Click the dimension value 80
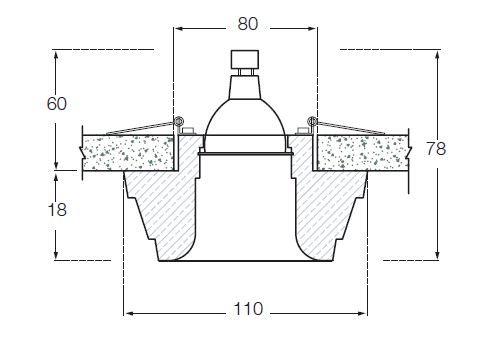(x=248, y=24)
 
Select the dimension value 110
(x=248, y=309)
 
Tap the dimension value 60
(x=57, y=104)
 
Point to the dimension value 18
(x=57, y=210)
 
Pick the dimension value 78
(x=436, y=149)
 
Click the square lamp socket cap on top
(x=245, y=59)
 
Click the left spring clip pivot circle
(x=179, y=121)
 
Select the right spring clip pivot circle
(x=313, y=121)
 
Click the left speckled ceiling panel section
(x=128, y=153)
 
